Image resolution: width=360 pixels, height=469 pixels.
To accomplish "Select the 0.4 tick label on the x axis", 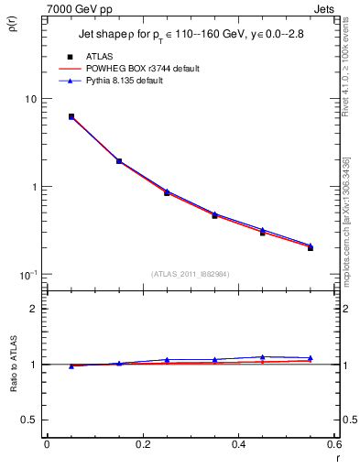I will (238, 445).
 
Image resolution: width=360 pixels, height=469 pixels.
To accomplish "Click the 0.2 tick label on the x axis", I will (142, 445).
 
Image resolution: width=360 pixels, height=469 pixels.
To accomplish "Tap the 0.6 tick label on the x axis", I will (333, 445).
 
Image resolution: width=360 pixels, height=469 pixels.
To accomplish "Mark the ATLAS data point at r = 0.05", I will (71, 116).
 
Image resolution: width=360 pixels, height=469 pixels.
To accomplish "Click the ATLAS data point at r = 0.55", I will (311, 247).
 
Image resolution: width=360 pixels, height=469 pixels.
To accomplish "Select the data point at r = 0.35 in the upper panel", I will (214, 215).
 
